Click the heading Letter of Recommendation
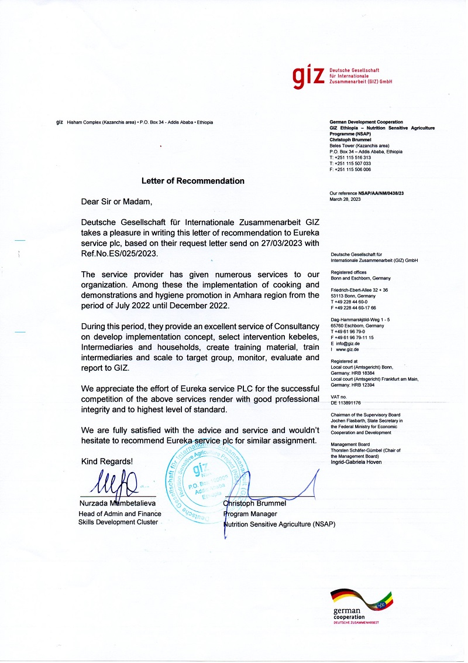(192, 181)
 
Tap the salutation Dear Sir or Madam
(116, 202)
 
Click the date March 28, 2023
(345, 199)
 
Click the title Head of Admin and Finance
(119, 514)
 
